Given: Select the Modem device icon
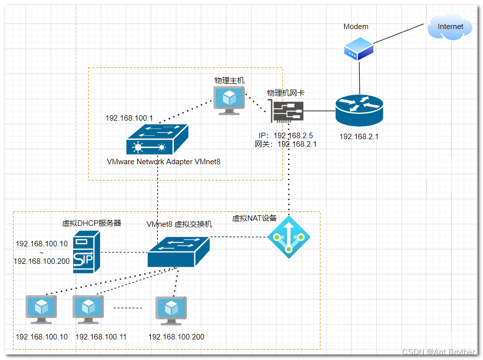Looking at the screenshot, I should [359, 51].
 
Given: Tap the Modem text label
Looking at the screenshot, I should [356, 27].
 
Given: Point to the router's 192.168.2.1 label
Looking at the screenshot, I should [359, 136].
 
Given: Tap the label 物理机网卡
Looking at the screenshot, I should [286, 93].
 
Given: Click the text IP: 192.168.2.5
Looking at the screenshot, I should [286, 136].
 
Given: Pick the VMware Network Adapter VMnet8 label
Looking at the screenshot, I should [163, 162].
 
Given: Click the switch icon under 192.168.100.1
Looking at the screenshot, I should [157, 139].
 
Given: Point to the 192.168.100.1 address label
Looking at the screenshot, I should [129, 119].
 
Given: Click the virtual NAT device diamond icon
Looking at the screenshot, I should [289, 237].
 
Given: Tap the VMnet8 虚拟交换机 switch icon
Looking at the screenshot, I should [178, 251].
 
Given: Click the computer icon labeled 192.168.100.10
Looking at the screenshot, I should [41, 309].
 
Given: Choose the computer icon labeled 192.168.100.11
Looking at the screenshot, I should [88, 309].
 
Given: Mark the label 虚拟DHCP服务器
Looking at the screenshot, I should [92, 223].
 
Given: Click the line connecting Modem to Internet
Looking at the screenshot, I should [401, 33].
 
